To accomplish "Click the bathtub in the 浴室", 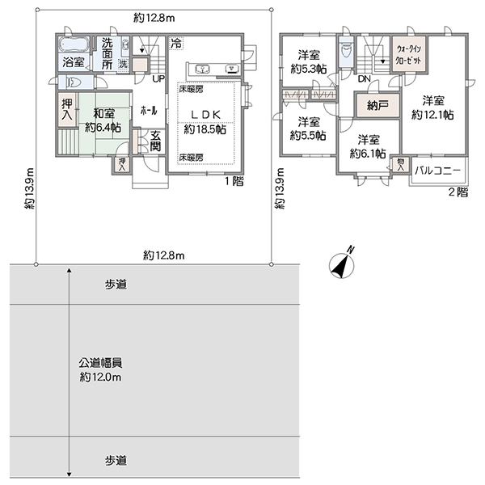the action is (74, 45).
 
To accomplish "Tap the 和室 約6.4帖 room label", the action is (103, 120).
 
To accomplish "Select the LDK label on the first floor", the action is (205, 115).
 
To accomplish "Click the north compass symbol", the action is (341, 264).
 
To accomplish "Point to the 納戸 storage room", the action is (377, 105).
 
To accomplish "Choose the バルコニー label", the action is (437, 171).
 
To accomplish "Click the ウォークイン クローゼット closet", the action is (409, 54).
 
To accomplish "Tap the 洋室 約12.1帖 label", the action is (433, 108).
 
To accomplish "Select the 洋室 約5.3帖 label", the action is (309, 62).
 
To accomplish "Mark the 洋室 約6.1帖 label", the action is (368, 146).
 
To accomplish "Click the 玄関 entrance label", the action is (155, 141).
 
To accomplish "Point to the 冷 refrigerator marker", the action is (176, 44).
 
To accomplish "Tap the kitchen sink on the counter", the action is (202, 69).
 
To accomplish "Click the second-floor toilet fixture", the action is (345, 50).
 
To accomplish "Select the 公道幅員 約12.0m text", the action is (100, 370).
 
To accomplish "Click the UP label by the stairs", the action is (158, 79).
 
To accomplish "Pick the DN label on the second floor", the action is (364, 79).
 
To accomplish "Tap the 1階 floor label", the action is (234, 181).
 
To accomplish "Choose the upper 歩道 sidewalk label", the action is (116, 285).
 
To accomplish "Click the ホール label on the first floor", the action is (149, 111).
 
